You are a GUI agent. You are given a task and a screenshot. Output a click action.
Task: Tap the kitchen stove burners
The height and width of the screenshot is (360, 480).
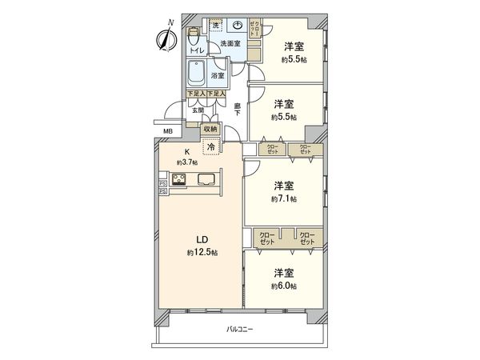tap(177, 180)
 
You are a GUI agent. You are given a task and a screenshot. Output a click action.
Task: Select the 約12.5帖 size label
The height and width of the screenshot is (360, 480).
tap(203, 253)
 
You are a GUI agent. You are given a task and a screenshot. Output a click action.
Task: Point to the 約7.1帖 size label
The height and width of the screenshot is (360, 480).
tap(284, 198)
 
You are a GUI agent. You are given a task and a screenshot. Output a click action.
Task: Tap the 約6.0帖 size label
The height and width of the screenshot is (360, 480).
tap(284, 286)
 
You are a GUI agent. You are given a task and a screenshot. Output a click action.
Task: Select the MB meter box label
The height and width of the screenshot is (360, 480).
tap(168, 132)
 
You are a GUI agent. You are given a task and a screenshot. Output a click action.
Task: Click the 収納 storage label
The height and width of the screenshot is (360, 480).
tap(210, 129)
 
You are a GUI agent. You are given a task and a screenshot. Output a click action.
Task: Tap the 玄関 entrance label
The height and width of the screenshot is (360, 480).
tap(197, 110)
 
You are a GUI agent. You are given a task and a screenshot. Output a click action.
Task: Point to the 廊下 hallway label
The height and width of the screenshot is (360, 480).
tap(238, 110)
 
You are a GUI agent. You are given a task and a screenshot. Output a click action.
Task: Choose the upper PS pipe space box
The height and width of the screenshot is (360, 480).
tap(162, 182)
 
